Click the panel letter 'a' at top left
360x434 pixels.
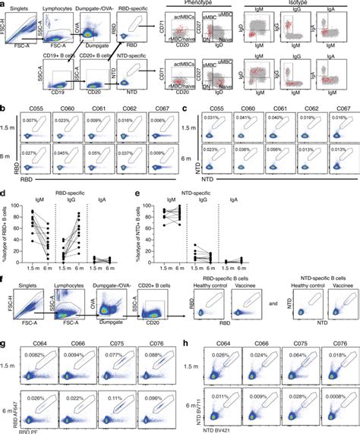[x=4, y=5]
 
